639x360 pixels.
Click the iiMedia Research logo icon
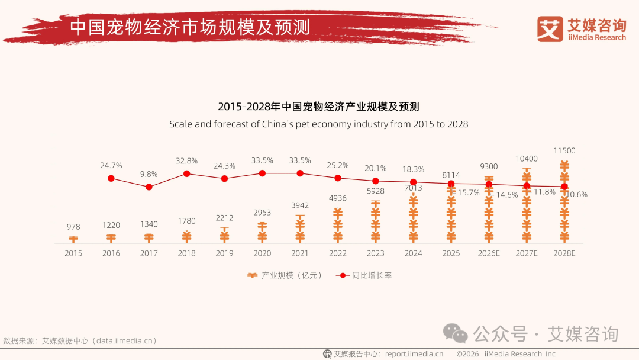pyautogui.click(x=550, y=29)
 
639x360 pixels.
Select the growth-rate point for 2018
pyautogui.click(x=186, y=173)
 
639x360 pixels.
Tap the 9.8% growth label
pyautogui.click(x=149, y=174)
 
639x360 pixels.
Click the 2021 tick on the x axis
pyautogui.click(x=300, y=253)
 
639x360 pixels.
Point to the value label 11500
pyautogui.click(x=564, y=151)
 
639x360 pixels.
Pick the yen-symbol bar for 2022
pyautogui.click(x=338, y=225)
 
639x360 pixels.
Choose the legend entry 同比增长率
pyautogui.click(x=364, y=275)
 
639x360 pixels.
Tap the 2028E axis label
pyautogui.click(x=564, y=253)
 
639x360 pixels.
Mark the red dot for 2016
pyautogui.click(x=111, y=178)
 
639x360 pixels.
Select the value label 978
pyautogui.click(x=73, y=227)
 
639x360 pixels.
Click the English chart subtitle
pyautogui.click(x=318, y=124)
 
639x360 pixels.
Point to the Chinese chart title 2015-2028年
pyautogui.click(x=318, y=107)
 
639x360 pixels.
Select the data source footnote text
pyautogui.click(x=80, y=341)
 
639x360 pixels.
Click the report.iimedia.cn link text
pyautogui.click(x=414, y=354)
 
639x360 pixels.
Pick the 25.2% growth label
pyautogui.click(x=338, y=165)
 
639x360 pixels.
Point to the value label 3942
pyautogui.click(x=300, y=205)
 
